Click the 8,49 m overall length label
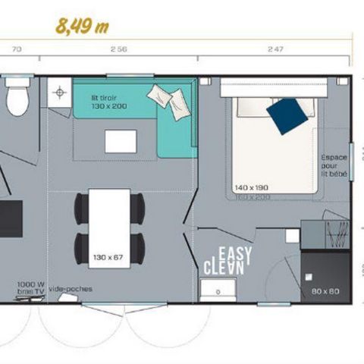(x=82, y=25)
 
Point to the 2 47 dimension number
(x=275, y=50)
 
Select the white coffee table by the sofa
(x=121, y=141)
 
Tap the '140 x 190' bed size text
(x=253, y=187)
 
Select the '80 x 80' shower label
(x=324, y=290)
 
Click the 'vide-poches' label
(x=65, y=288)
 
